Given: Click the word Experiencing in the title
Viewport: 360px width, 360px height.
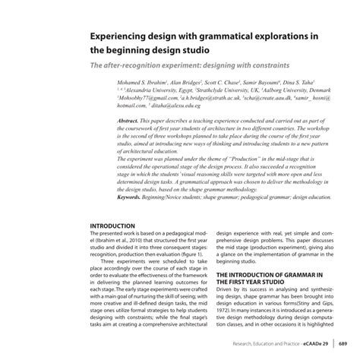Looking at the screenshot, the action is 125,36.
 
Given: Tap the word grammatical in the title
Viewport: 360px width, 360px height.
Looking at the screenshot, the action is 235,36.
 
